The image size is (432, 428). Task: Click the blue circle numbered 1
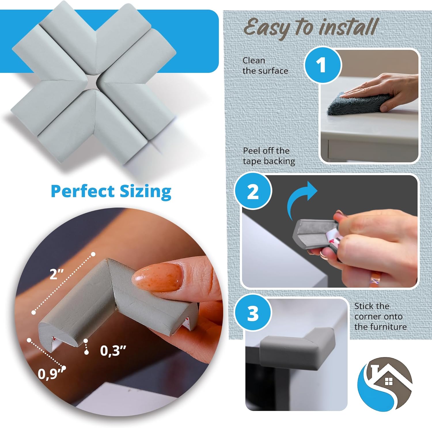(322, 65)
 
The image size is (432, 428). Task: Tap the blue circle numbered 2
(253, 191)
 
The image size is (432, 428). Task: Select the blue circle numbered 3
(253, 313)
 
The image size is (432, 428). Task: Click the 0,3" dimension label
(113, 351)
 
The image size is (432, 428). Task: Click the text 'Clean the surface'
(265, 66)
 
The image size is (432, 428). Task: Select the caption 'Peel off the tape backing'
(269, 156)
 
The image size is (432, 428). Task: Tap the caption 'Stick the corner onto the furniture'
(380, 316)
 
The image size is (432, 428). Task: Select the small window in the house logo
(389, 381)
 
